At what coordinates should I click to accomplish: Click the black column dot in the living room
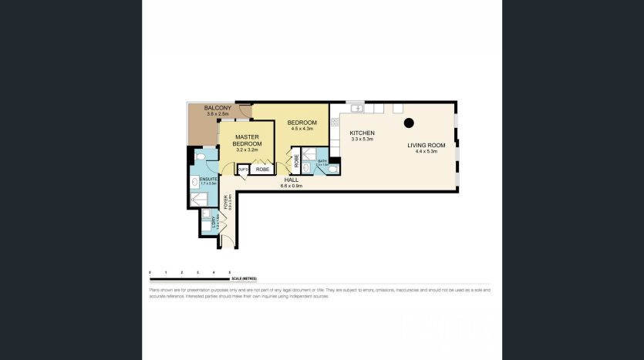pos(410,123)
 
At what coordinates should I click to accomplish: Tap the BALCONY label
pos(218,108)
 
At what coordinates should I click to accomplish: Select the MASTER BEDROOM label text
pos(248,140)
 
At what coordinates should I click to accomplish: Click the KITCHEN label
pos(362,133)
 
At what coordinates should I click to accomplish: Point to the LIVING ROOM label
pos(427,145)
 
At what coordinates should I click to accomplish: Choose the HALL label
pos(292,180)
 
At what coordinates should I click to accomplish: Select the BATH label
pos(322,161)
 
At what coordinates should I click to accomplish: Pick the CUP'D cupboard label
pos(242,169)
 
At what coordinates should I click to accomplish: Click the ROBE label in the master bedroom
pos(262,169)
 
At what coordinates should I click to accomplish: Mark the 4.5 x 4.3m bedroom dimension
pos(302,129)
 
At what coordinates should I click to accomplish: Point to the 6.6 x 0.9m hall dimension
pos(292,186)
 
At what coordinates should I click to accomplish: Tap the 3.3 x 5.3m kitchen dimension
pos(362,140)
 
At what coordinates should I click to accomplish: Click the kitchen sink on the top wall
pos(356,108)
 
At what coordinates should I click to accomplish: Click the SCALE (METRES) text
pos(244,278)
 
